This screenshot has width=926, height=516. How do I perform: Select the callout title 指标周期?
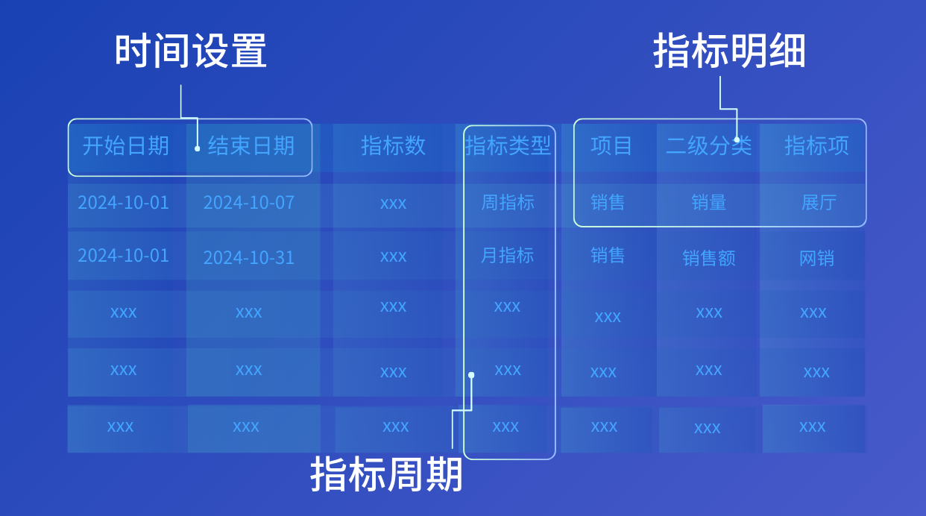pyautogui.click(x=386, y=475)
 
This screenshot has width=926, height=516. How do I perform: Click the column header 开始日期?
pyautogui.click(x=125, y=145)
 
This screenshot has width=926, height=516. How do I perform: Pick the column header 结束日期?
pyautogui.click(x=251, y=145)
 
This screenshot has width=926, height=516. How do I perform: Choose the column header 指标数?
pyautogui.click(x=393, y=145)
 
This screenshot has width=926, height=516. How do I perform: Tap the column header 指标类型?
pyautogui.click(x=508, y=145)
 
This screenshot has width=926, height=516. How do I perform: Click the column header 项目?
pyautogui.click(x=611, y=145)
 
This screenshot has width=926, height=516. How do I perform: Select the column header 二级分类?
pyautogui.click(x=708, y=145)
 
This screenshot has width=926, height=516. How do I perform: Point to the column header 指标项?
pyautogui.click(x=816, y=145)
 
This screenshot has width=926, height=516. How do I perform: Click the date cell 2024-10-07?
pyautogui.click(x=249, y=203)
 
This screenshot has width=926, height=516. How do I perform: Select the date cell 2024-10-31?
pyautogui.click(x=249, y=258)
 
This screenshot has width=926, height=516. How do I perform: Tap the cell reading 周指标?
pyautogui.click(x=508, y=203)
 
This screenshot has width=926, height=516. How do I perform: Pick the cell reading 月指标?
pyautogui.click(x=508, y=256)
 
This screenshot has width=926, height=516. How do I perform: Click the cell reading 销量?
pyautogui.click(x=708, y=203)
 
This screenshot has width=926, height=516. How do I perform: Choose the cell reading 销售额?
pyautogui.click(x=708, y=259)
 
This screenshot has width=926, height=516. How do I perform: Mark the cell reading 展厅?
pyautogui.click(x=818, y=203)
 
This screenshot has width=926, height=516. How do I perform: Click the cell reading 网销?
pyautogui.click(x=816, y=259)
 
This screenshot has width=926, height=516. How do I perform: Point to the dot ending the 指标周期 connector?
pyautogui.click(x=471, y=375)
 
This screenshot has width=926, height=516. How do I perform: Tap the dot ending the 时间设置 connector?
pyautogui.click(x=198, y=148)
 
